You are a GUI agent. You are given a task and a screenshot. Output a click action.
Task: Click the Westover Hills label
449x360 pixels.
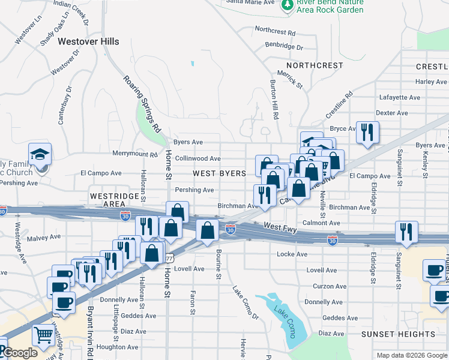88,42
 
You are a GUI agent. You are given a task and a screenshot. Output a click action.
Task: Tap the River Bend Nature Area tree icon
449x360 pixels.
287,5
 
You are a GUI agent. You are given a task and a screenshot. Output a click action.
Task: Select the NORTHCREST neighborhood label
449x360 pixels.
315,65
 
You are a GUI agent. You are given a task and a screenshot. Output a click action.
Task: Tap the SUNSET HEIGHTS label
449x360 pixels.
398,334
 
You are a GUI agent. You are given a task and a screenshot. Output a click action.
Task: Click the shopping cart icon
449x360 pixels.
44,336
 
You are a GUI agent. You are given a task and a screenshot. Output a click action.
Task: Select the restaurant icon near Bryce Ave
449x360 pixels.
367,132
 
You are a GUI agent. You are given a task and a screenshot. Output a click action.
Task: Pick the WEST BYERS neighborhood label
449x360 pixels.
219,173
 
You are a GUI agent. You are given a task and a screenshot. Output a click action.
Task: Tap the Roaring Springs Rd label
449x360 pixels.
143,103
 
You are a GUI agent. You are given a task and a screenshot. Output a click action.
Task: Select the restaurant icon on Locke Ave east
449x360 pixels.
406,232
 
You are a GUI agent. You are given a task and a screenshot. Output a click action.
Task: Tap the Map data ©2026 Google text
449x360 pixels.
412,355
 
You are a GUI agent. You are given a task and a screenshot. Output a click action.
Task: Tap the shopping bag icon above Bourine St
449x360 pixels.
207,231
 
